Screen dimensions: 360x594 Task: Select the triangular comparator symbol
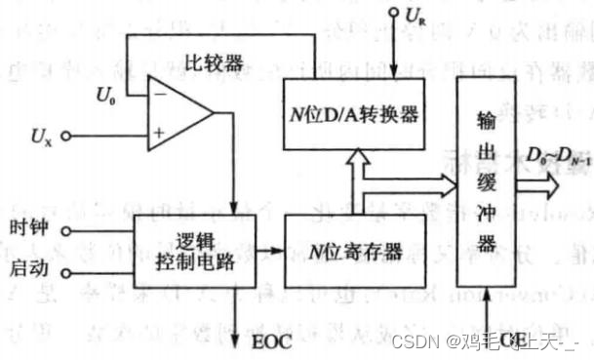(179, 107)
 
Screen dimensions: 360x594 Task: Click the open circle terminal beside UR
(393, 14)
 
